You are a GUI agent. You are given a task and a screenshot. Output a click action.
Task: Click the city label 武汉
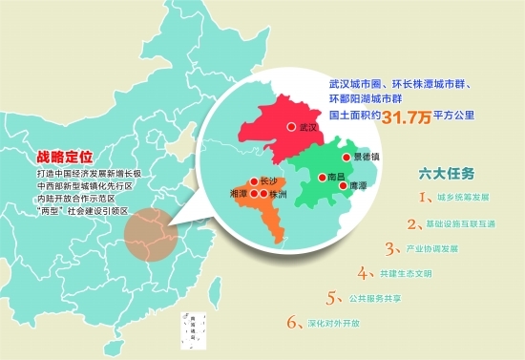point(307,126)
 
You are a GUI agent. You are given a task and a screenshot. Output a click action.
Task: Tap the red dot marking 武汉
point(291,126)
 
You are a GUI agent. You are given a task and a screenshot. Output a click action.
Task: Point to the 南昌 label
point(335,177)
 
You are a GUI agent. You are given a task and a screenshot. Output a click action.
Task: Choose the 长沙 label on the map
point(267,180)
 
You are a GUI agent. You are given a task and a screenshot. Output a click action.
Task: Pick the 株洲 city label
point(277,194)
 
